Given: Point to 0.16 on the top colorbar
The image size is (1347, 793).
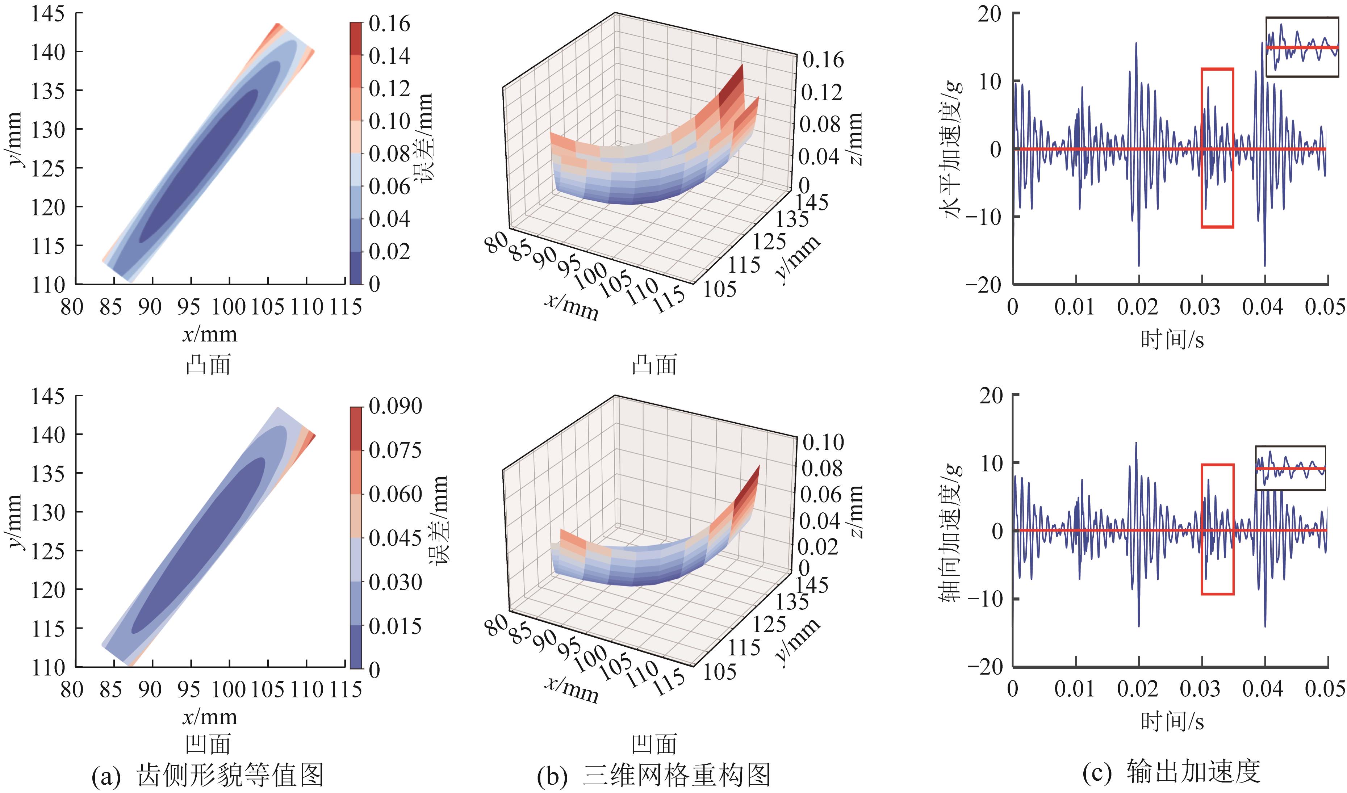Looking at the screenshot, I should (389, 24).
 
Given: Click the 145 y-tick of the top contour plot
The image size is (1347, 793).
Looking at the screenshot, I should (48, 14).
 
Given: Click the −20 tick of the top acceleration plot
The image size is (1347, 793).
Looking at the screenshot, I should (985, 284).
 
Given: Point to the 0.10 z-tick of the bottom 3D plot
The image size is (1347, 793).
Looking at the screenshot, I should (823, 442).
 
